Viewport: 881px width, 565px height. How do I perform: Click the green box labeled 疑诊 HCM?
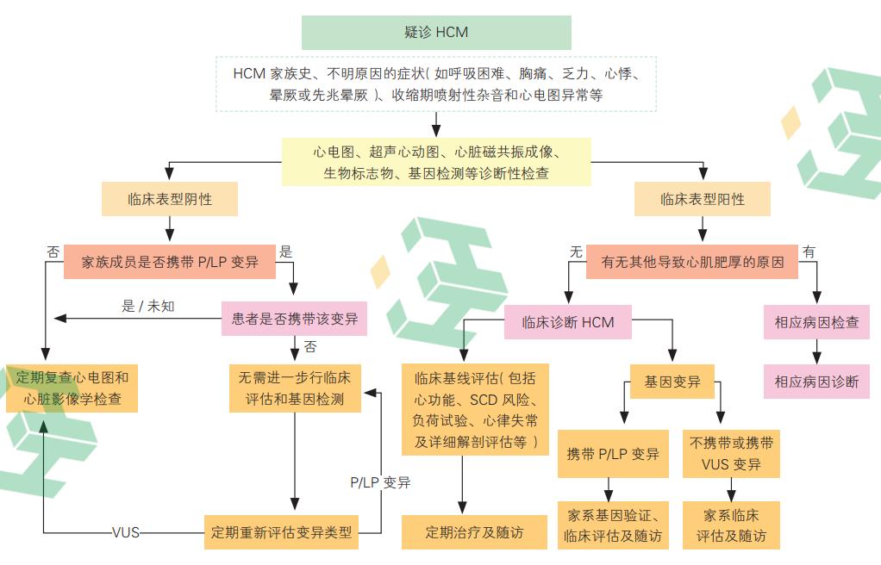(436, 33)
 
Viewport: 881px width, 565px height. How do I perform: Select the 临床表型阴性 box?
(170, 200)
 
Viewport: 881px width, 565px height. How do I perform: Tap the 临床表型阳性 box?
(703, 200)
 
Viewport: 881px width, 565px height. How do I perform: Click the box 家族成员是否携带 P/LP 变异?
(170, 262)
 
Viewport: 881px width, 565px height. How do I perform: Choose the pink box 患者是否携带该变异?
(294, 319)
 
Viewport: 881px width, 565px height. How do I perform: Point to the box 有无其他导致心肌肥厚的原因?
(692, 262)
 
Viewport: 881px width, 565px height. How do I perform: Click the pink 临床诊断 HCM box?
(568, 322)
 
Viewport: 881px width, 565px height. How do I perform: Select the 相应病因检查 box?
(816, 322)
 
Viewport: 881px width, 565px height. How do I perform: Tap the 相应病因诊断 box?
(816, 382)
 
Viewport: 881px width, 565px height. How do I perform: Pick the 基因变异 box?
(672, 382)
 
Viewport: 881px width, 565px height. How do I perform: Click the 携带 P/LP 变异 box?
(613, 453)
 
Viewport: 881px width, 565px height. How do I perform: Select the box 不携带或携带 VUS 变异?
(732, 453)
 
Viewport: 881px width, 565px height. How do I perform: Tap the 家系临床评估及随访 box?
(732, 525)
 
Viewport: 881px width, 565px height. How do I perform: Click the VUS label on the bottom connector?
(126, 531)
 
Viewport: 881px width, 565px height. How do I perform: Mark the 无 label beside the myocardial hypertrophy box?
(576, 251)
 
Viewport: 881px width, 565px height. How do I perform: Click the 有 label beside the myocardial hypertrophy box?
(809, 251)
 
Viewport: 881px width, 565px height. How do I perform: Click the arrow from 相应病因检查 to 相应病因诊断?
(816, 351)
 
